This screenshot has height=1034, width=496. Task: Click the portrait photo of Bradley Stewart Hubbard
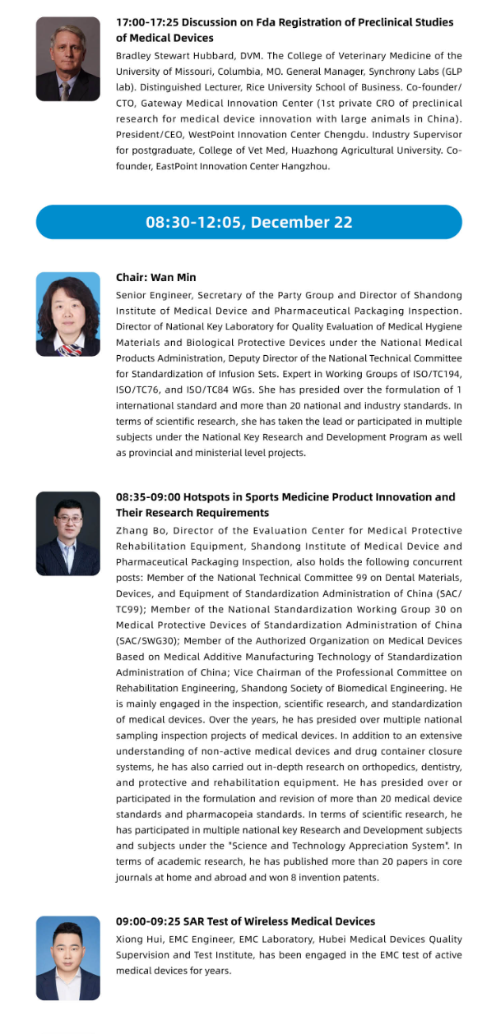tap(68, 60)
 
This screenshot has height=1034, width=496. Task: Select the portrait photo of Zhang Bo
tap(68, 533)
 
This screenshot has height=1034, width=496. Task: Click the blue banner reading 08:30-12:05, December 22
tap(248, 222)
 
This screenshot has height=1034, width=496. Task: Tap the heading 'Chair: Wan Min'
tap(156, 278)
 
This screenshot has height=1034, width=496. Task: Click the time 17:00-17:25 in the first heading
tap(149, 23)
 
